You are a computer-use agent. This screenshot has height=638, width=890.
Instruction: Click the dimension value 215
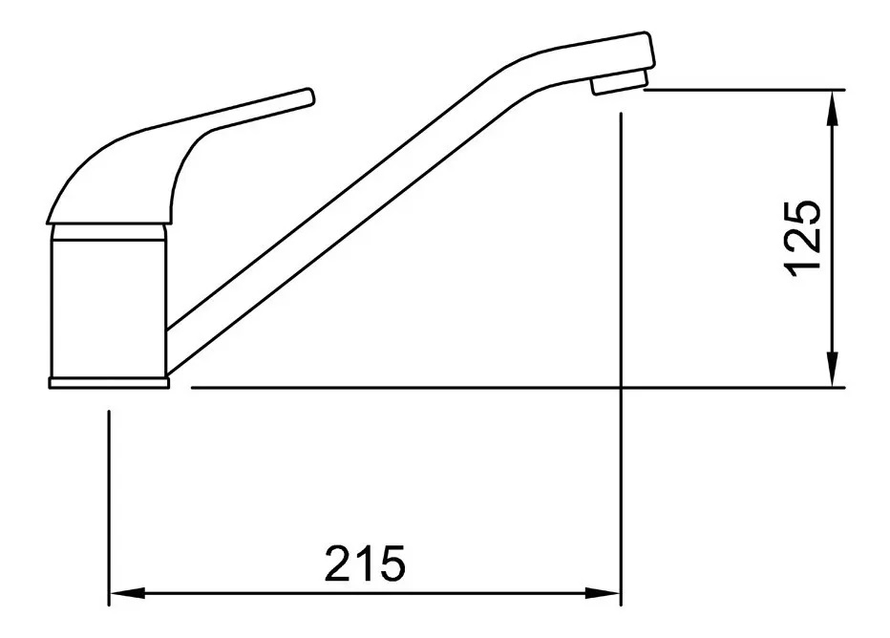(365, 564)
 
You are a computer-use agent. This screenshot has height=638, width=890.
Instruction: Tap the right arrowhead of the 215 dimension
(604, 593)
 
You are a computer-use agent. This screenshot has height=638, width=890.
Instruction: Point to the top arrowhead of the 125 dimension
(832, 108)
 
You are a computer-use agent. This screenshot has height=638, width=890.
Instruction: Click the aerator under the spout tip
(619, 83)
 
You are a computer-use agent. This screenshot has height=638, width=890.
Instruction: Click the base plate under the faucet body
(109, 383)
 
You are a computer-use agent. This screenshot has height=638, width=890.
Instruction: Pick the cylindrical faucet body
(109, 308)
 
